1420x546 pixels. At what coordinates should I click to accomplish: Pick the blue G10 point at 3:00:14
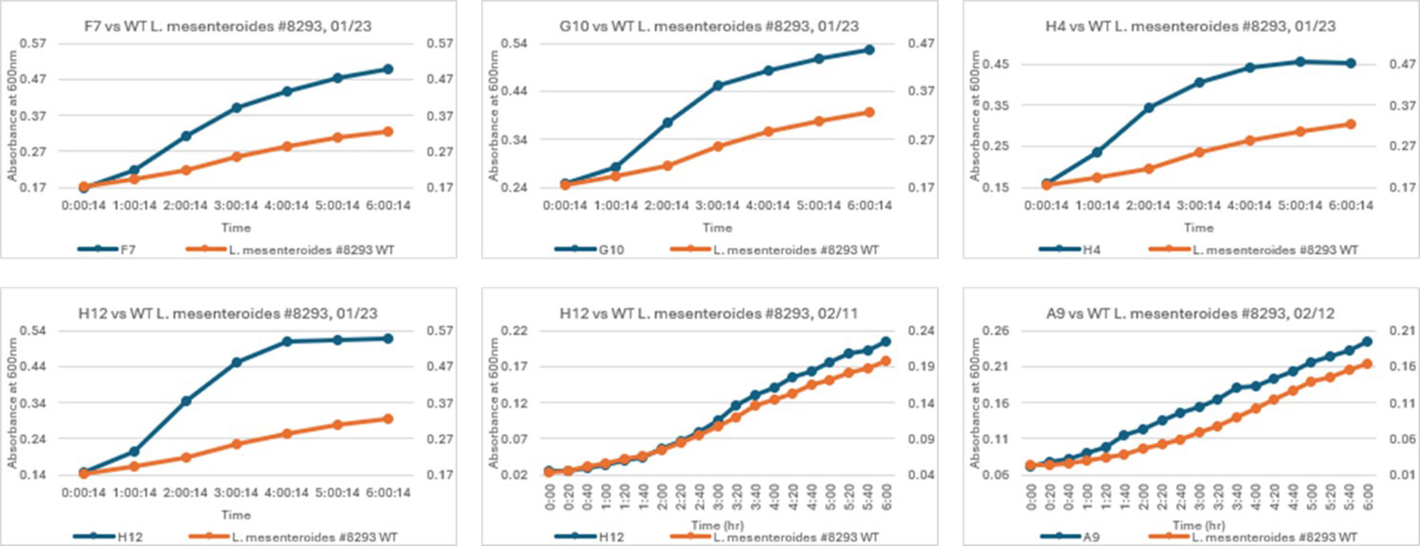pos(719,86)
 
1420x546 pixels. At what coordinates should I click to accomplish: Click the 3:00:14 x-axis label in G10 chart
pos(719,205)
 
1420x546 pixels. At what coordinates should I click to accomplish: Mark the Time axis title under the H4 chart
pos(1198,227)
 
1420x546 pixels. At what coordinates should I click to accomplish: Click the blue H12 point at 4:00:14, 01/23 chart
pos(287,341)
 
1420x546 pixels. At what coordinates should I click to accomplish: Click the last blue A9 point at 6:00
pos(1368,341)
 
